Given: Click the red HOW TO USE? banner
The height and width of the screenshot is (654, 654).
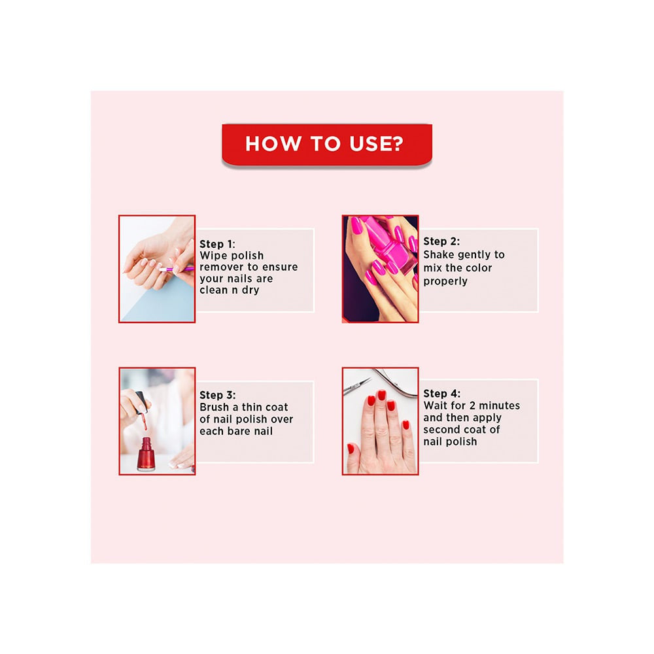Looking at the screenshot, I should pos(326,144).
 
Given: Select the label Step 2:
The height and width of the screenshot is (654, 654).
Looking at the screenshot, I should pos(441,241).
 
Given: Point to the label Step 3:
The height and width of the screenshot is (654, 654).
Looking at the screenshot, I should pos(218,395).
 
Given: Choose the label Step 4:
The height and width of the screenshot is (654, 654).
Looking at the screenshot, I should pos(441,394).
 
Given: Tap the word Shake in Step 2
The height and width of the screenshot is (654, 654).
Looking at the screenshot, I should pos(439,254).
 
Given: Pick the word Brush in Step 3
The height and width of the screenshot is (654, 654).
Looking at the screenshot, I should pos(215,407).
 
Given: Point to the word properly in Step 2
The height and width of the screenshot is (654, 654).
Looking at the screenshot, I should pos(445,281).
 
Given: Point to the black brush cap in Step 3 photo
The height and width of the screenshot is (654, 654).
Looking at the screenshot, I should pos(140,400).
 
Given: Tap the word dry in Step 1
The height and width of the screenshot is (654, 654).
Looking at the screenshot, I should pos(248,290).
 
